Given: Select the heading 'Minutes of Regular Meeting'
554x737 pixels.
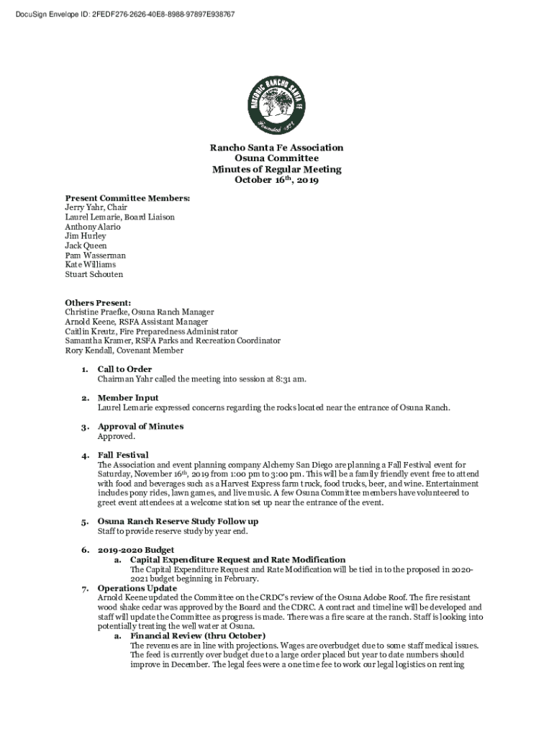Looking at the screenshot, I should coord(276,169).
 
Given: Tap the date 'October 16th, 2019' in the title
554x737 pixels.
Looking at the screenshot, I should coord(276,180).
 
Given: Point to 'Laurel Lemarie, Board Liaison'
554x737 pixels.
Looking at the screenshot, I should coord(119,217).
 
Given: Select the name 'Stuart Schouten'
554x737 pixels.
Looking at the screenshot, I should coord(94,274).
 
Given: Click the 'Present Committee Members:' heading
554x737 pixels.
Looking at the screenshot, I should coord(127,197).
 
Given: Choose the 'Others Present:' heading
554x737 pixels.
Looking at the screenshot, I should coord(98,303).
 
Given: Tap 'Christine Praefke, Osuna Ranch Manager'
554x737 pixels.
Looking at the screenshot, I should coord(139,312).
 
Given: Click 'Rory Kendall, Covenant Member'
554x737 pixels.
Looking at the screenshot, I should coord(124,351).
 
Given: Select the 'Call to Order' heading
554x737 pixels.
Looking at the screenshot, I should coord(124,369).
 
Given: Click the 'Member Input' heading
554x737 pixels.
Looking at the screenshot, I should coord(128,398).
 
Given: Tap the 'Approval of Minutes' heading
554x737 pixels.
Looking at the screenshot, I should coord(140,427).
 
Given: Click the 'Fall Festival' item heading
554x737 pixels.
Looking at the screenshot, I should coord(123,455).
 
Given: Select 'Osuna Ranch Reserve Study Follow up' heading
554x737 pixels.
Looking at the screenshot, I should coord(178,521).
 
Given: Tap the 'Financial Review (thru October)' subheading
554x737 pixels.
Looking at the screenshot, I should coord(198,636).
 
